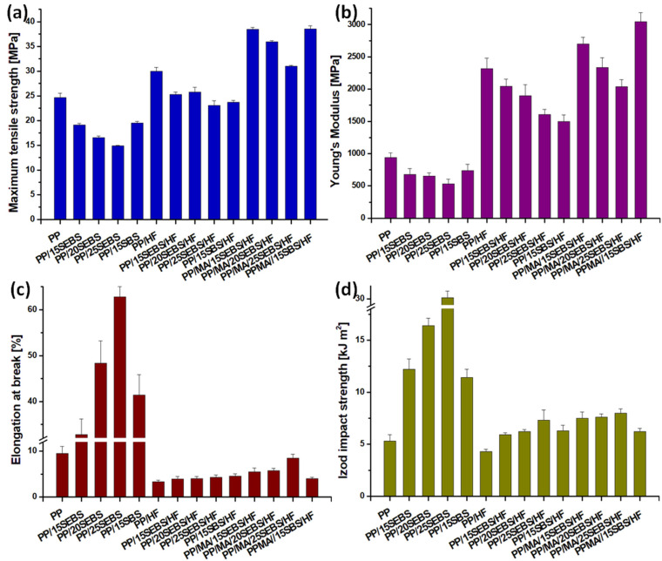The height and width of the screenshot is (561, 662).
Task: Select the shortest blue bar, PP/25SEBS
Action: click(x=118, y=183)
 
